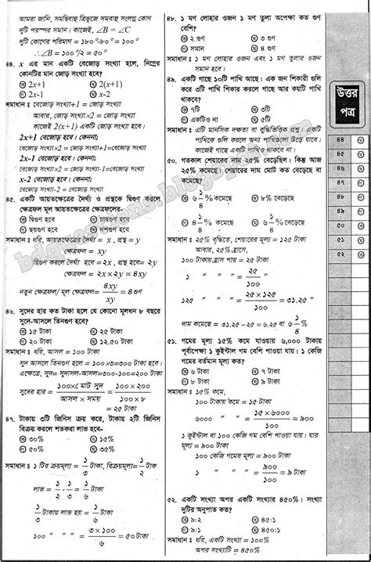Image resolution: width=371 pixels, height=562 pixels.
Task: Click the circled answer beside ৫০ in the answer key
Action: point(359,224)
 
